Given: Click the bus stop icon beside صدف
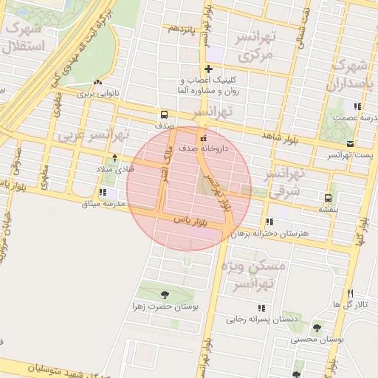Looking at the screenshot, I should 163,114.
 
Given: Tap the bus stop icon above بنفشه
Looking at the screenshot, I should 327,197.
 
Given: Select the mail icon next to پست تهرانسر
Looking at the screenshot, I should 350,143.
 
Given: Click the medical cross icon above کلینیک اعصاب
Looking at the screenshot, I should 209,69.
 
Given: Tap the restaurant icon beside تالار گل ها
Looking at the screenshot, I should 349,293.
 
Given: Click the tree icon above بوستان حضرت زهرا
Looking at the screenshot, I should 164,295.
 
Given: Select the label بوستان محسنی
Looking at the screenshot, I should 317,339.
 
